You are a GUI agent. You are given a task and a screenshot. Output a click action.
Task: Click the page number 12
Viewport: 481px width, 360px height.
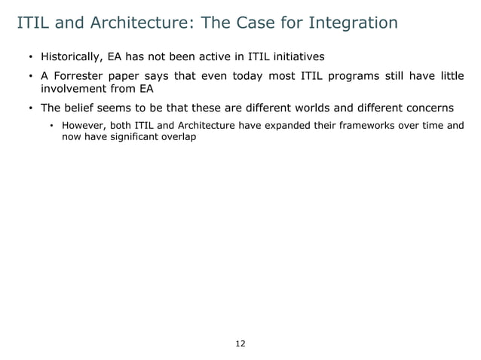coord(240,343)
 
